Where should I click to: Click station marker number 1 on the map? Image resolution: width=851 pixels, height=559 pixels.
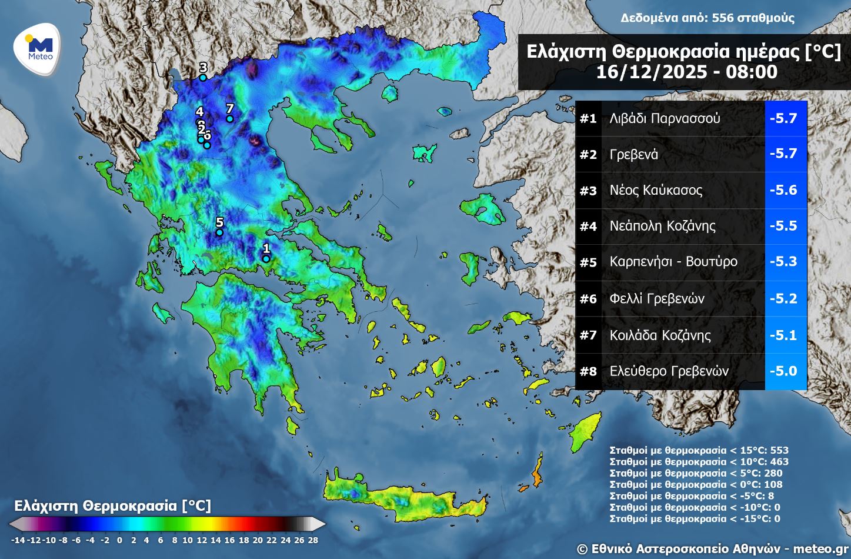[x=266, y=258]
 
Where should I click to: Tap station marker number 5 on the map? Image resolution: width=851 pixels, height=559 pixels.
[x=219, y=232]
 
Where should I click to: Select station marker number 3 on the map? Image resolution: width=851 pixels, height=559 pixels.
[x=203, y=77]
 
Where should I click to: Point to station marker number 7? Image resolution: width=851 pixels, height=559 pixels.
[x=230, y=119]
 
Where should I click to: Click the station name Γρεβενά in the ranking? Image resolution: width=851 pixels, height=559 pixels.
[x=634, y=155]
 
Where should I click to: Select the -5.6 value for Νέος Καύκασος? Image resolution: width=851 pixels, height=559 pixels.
[x=783, y=190]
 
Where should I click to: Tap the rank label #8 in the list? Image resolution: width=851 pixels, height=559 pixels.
[x=588, y=371]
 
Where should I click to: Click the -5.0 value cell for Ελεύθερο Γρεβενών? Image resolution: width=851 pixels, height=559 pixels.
[x=783, y=371]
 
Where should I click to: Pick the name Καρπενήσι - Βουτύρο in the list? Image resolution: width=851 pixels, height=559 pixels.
[x=673, y=262]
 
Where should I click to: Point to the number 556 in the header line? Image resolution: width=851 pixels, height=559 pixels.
[x=722, y=18]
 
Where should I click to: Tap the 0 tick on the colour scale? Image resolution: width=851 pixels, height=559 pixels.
[x=119, y=540]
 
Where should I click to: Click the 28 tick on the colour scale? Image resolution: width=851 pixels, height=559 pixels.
[x=312, y=540]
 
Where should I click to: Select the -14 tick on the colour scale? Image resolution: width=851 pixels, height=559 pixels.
[x=18, y=540]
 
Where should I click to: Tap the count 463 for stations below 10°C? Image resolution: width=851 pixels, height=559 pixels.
[x=779, y=462]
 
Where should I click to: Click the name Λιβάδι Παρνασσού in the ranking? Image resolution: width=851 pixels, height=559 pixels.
[x=665, y=118]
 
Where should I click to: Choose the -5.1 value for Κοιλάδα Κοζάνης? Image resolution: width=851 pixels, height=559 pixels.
[x=783, y=335]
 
